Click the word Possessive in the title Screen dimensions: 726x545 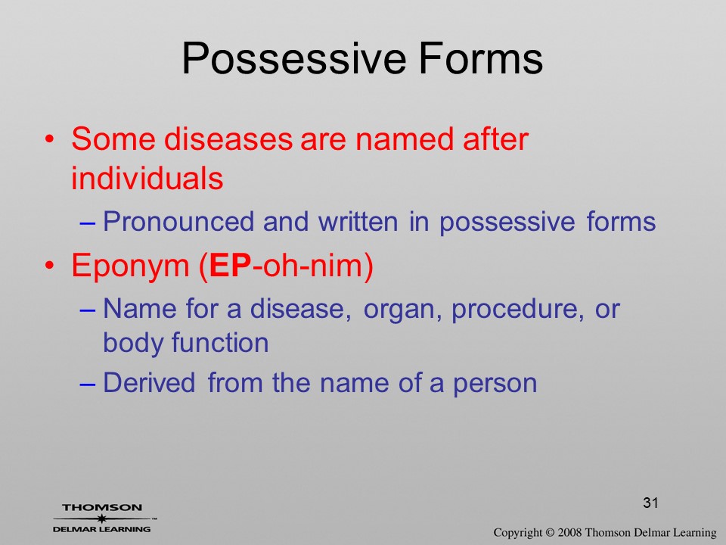pos(293,59)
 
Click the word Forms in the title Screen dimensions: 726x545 pos(481,58)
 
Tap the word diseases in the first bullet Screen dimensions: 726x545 pos(228,139)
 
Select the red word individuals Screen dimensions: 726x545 pos(147,177)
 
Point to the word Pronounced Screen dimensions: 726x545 pos(178,221)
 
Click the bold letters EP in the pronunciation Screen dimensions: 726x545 pos(230,265)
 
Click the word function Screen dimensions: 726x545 pos(220,342)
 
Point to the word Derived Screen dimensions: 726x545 pos(149,382)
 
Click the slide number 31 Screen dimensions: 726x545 pos(650,503)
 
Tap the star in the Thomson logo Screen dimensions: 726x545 pos(101,519)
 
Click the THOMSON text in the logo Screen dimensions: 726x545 pos(102,507)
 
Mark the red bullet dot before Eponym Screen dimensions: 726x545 pos(50,265)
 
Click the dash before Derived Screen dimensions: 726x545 pos(88,385)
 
